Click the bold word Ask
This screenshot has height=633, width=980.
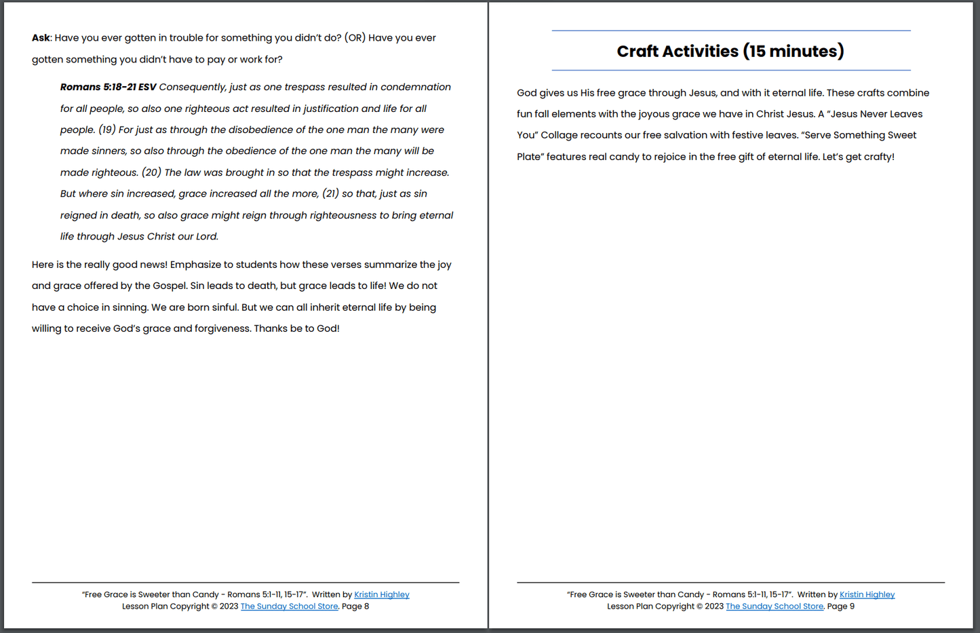click(x=41, y=38)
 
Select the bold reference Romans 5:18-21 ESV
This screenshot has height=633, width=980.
click(x=108, y=87)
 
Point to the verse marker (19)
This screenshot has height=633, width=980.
click(x=106, y=130)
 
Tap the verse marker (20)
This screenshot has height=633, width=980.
click(x=151, y=172)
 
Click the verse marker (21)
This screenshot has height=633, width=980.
click(x=330, y=193)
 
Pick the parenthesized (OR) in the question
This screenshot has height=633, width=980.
click(x=355, y=38)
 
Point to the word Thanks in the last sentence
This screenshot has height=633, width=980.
click(x=270, y=328)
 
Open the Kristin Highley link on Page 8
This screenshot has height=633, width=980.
click(x=381, y=594)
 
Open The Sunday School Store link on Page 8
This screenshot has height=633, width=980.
click(x=289, y=607)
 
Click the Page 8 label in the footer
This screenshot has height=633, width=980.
click(x=355, y=607)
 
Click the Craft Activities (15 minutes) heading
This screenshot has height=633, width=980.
click(x=730, y=51)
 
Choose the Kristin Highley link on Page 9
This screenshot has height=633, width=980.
click(x=867, y=594)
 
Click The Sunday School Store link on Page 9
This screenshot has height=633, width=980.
click(x=775, y=607)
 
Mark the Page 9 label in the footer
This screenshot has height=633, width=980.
click(x=841, y=607)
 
